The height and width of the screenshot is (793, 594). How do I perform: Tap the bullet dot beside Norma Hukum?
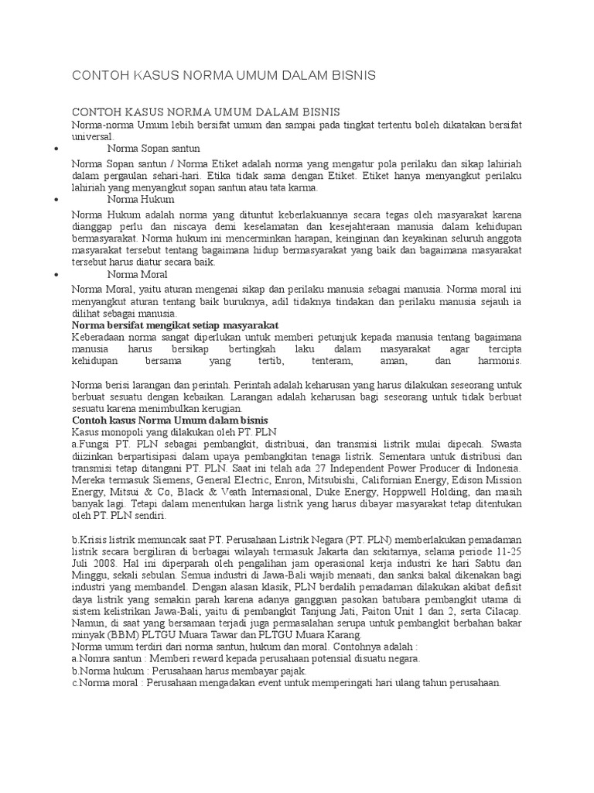(60, 199)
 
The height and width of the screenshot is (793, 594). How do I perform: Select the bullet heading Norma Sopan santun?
(154, 147)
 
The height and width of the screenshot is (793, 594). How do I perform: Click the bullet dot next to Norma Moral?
(60, 274)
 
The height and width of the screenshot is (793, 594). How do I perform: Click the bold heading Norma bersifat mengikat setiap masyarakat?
(175, 325)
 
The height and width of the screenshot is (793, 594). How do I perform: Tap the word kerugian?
(220, 409)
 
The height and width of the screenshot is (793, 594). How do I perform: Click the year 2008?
(105, 562)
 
